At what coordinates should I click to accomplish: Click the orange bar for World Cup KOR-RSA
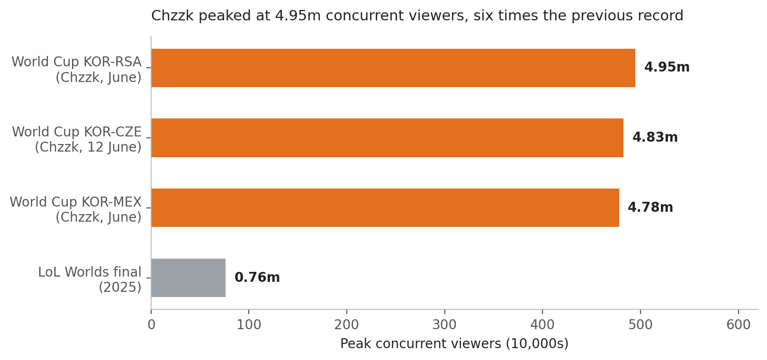(393, 68)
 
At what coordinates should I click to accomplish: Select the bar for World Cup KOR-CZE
(387, 138)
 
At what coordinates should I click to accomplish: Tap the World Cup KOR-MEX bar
(385, 208)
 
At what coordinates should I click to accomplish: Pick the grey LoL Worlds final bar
(189, 278)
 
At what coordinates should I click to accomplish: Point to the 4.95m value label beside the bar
(667, 67)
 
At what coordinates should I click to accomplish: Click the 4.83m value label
(655, 137)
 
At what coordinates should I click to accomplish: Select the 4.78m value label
(650, 207)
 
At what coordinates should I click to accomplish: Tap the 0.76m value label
(257, 278)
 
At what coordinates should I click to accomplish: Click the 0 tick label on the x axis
(151, 325)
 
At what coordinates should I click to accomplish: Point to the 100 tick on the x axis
(249, 325)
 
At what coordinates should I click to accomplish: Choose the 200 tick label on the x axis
(346, 325)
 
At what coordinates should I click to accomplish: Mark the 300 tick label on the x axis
(444, 325)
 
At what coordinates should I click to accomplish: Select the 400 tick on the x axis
(542, 325)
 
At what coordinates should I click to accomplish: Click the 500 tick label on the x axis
(641, 325)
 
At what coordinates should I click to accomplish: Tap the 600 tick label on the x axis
(738, 325)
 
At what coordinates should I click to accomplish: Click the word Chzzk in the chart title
(172, 16)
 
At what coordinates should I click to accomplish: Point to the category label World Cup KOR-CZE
(77, 132)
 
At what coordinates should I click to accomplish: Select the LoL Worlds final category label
(90, 272)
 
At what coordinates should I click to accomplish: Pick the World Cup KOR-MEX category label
(76, 202)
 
